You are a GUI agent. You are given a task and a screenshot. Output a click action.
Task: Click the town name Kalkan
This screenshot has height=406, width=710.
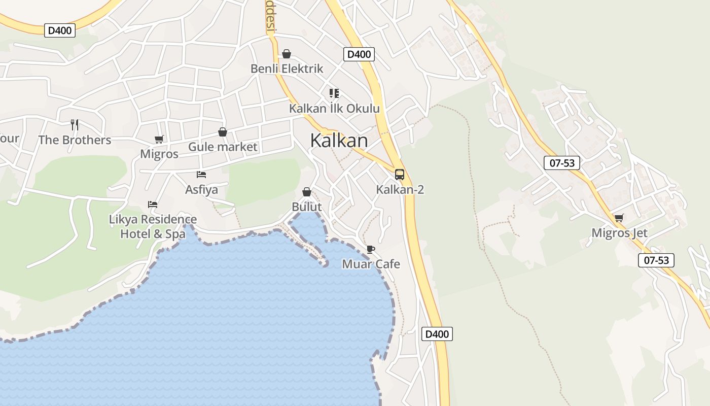click(339, 141)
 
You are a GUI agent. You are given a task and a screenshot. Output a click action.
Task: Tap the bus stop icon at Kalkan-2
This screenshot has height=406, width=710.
click(400, 175)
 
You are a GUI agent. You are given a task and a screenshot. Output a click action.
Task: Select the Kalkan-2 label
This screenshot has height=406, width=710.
click(400, 190)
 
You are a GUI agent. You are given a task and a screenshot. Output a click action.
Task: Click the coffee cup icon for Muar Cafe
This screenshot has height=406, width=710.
click(370, 249)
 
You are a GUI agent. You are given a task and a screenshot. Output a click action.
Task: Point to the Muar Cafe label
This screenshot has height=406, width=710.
click(371, 264)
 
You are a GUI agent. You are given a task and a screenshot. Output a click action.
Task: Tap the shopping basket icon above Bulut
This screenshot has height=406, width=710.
click(306, 192)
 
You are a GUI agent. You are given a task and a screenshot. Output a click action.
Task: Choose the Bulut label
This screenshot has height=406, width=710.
click(306, 207)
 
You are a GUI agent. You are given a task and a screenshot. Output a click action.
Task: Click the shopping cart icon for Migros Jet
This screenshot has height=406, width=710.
click(619, 218)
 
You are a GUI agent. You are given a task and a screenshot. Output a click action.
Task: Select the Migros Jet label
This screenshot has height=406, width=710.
click(619, 233)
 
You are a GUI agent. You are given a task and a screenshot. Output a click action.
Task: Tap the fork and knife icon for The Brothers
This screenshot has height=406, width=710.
click(75, 125)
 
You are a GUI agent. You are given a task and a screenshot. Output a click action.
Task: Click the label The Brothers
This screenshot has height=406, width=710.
click(75, 140)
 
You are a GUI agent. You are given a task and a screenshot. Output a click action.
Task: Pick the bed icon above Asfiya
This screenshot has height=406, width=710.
click(201, 175)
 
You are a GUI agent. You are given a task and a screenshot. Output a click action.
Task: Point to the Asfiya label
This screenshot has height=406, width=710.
click(201, 190)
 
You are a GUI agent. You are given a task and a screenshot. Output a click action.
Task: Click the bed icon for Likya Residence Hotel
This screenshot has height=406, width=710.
click(153, 205)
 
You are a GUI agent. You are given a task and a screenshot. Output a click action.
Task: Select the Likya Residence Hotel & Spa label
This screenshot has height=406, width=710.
click(153, 226)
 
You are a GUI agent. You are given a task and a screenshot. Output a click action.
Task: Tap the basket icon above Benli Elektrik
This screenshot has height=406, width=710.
click(287, 54)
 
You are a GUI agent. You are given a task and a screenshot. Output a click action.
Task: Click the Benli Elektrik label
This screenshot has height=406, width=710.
click(287, 69)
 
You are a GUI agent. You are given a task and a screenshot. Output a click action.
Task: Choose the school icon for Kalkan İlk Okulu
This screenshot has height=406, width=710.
click(334, 93)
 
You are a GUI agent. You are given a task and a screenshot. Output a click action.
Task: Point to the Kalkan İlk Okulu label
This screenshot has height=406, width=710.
click(334, 109)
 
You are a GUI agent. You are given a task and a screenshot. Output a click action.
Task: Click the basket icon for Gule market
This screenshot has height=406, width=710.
click(222, 132)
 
